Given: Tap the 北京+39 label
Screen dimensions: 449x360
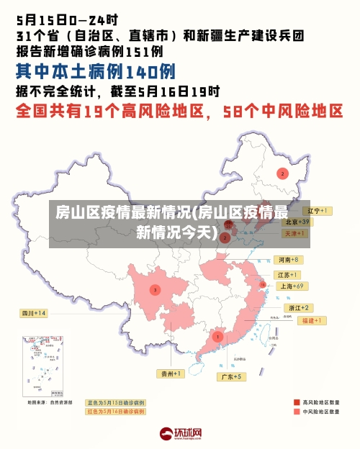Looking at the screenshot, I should (x=295, y=222).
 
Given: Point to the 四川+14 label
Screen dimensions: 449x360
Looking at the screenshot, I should (x=33, y=313).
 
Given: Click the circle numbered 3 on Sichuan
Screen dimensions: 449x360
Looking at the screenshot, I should (x=155, y=289).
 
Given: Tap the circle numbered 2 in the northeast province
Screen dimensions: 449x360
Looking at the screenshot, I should (x=283, y=173).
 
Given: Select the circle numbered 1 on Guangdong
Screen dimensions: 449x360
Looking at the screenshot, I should (x=217, y=336).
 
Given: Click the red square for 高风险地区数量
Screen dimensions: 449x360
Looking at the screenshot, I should (x=297, y=402).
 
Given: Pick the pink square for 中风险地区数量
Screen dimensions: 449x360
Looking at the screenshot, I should (x=297, y=412).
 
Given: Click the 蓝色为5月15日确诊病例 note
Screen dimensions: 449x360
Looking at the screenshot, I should (x=115, y=402).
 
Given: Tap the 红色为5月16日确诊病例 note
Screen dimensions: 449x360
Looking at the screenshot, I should (x=115, y=412).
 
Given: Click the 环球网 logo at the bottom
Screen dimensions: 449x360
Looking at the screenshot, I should (x=180, y=434).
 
